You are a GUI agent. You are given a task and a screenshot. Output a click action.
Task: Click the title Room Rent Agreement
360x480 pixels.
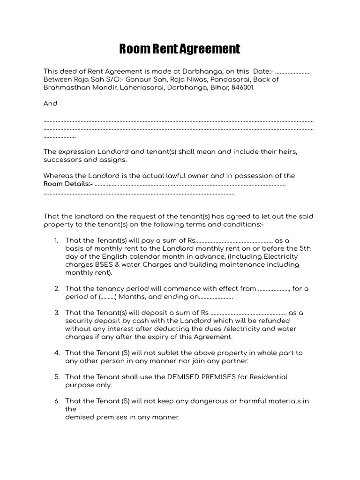180,49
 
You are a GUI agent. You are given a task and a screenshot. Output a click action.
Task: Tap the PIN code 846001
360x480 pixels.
243,87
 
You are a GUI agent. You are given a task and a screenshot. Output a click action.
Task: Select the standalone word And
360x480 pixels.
50,104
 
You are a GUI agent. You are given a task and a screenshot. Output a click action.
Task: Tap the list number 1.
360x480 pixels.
56,240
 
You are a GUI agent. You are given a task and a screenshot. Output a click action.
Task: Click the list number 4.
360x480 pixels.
56,352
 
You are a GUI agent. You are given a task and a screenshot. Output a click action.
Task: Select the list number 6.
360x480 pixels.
56,401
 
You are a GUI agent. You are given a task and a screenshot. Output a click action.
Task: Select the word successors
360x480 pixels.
62,160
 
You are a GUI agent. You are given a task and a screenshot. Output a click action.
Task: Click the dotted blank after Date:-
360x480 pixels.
292,72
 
